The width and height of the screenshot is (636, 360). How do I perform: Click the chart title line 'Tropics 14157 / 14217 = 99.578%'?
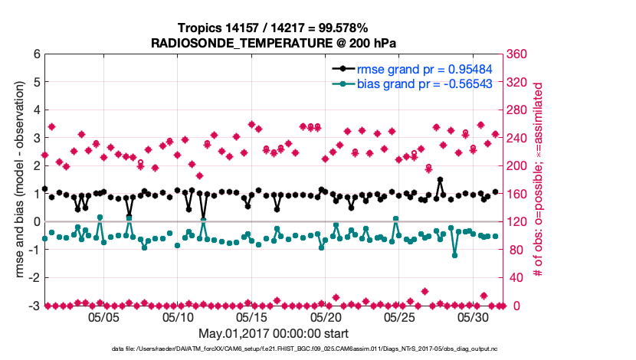click(273, 28)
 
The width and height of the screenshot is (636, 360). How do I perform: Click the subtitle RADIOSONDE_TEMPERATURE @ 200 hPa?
click(273, 43)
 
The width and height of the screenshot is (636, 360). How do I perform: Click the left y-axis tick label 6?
click(36, 54)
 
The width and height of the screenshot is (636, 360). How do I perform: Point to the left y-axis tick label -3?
click(34, 306)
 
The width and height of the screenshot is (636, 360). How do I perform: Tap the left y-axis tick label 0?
click(36, 222)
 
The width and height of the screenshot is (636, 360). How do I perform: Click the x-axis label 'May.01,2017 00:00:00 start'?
click(273, 333)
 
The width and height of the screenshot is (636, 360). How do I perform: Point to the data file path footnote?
click(273, 349)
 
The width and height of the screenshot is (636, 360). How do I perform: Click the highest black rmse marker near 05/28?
click(440, 180)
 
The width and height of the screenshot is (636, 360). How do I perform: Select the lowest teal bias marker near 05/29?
click(454, 255)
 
